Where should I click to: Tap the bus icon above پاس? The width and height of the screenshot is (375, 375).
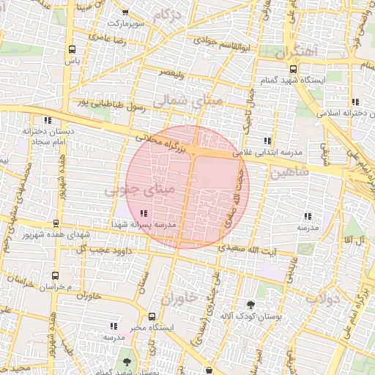71,50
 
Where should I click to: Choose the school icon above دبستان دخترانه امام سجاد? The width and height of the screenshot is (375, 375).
48,119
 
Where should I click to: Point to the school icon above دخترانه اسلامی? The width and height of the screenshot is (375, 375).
355,102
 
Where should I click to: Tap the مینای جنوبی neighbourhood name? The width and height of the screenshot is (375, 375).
140,190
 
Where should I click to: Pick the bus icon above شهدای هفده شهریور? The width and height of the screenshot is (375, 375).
56,223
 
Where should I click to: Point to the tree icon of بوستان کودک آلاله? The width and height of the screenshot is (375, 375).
251,304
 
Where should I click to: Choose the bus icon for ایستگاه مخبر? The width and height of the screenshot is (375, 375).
152,317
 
